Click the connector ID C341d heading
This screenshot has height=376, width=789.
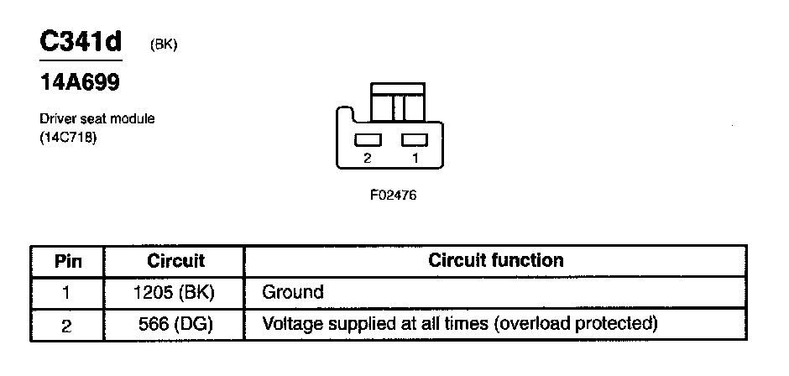(81, 42)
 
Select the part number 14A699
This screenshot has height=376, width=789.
(80, 83)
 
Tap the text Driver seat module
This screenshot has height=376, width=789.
(97, 119)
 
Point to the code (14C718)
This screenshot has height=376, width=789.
(68, 136)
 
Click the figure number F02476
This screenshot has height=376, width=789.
(393, 195)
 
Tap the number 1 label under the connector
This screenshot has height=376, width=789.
(415, 158)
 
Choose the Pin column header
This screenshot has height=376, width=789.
(67, 260)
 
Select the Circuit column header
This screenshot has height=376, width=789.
(175, 260)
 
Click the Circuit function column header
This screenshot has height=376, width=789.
(495, 260)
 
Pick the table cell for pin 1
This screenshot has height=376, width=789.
(67, 292)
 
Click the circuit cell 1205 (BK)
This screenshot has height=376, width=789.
(175, 292)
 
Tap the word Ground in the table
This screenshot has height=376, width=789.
(292, 292)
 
